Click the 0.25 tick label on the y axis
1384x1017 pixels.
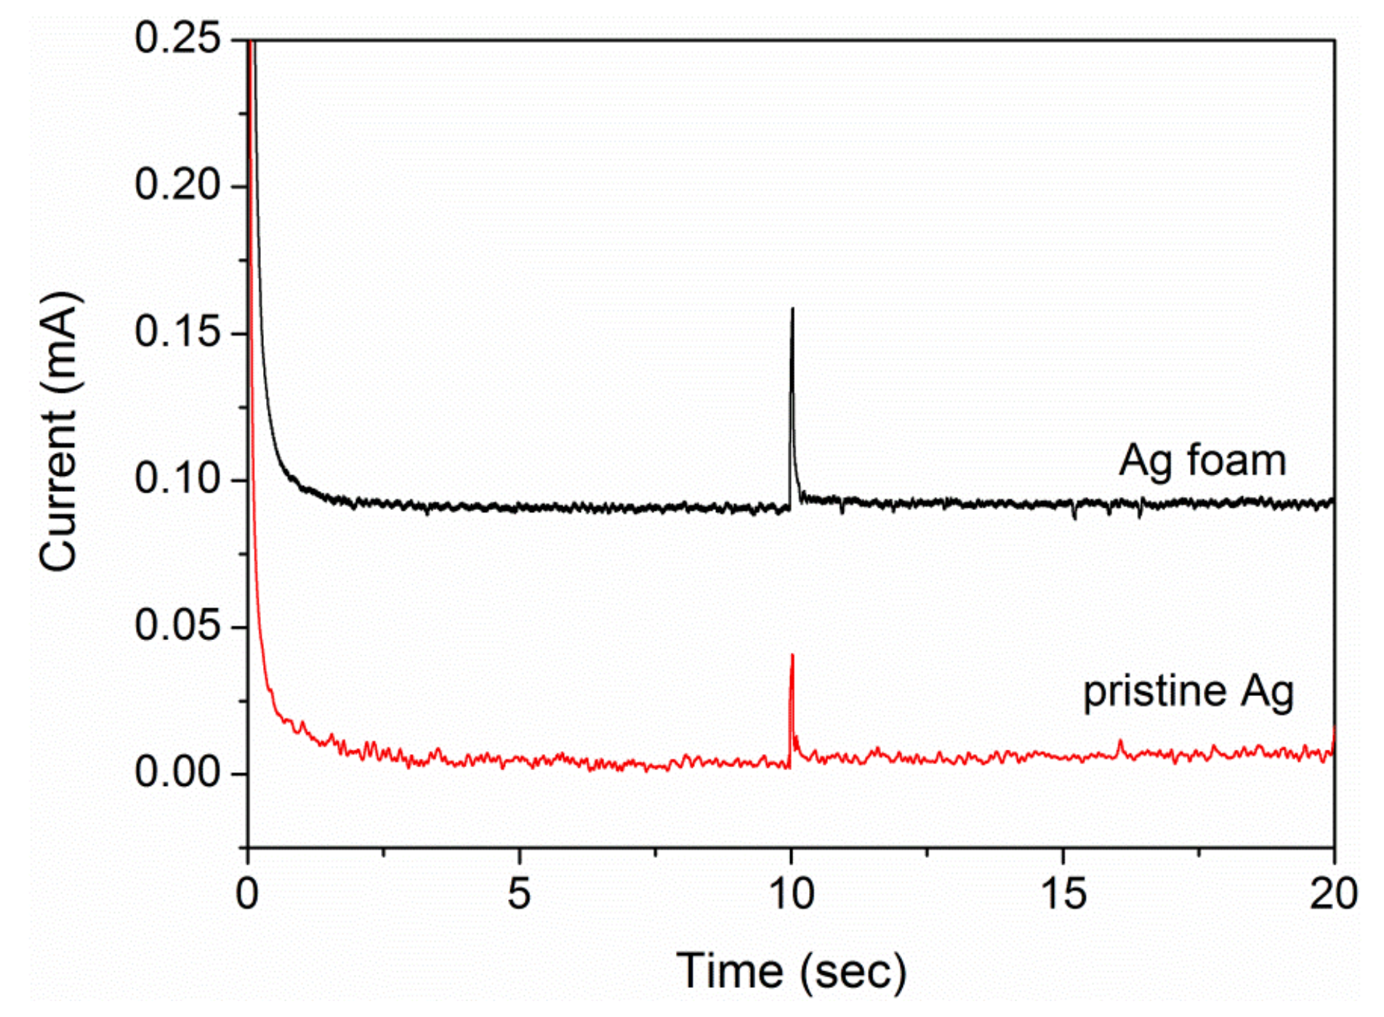pyautogui.click(x=177, y=38)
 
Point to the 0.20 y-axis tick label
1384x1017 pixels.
pyautogui.click(x=177, y=185)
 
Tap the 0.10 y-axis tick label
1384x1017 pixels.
pyautogui.click(x=177, y=479)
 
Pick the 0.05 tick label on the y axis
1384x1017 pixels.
pyautogui.click(x=177, y=625)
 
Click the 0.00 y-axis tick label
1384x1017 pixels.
pyautogui.click(x=177, y=772)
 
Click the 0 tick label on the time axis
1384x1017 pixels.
pyautogui.click(x=247, y=894)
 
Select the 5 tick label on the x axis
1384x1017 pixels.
pyautogui.click(x=519, y=894)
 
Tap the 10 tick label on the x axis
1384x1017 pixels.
pyautogui.click(x=792, y=894)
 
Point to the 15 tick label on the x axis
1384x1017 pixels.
pyautogui.click(x=1063, y=894)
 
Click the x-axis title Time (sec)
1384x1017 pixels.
pyautogui.click(x=792, y=971)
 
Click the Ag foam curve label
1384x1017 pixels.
pyautogui.click(x=1202, y=461)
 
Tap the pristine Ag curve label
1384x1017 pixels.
pyautogui.click(x=1188, y=692)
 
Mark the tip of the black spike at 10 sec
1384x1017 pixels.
pyautogui.click(x=792, y=309)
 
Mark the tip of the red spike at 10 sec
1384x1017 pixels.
pyautogui.click(x=792, y=656)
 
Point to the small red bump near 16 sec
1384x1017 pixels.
pyautogui.click(x=1120, y=742)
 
